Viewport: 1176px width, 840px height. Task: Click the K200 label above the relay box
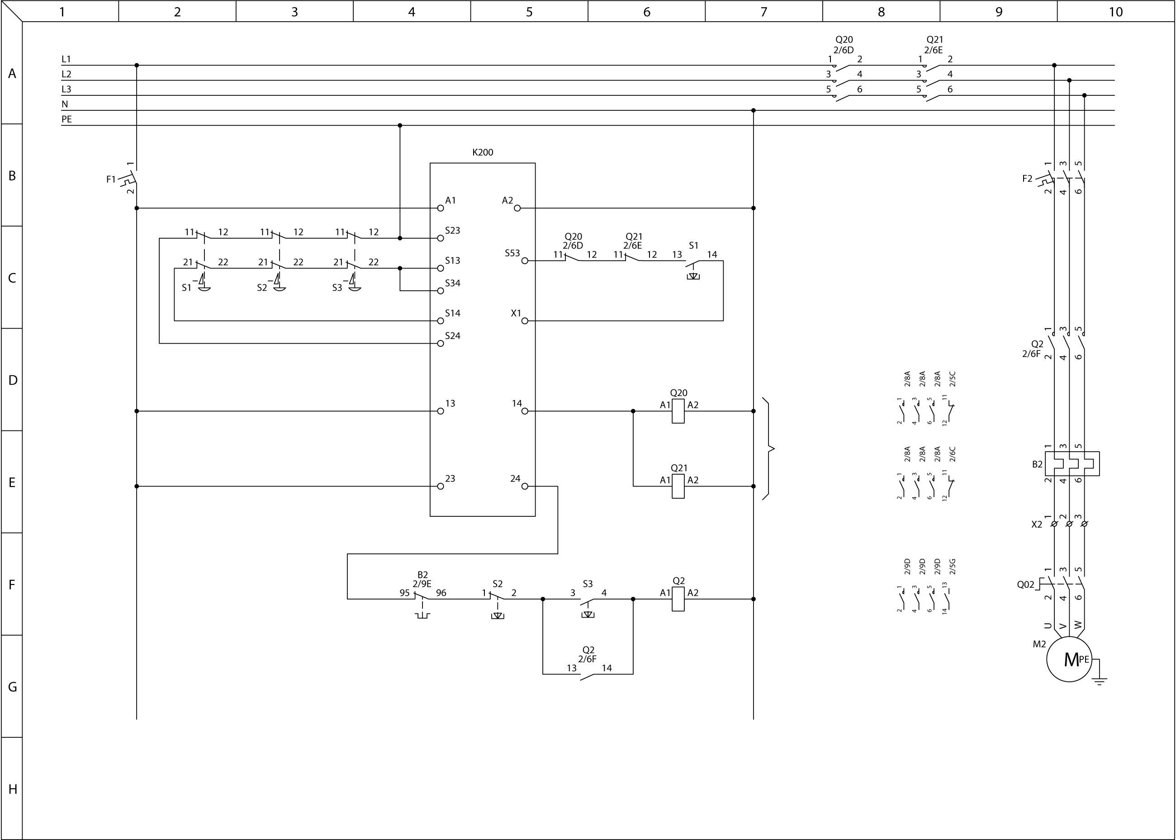(x=482, y=153)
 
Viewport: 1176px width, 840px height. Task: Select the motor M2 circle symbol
(x=1069, y=660)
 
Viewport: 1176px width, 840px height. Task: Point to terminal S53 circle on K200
(x=525, y=261)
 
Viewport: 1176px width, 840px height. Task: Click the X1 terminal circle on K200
(x=525, y=321)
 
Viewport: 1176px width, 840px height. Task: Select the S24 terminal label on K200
(x=453, y=336)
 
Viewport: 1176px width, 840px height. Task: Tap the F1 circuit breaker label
(x=111, y=179)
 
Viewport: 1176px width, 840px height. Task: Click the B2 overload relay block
(x=1072, y=463)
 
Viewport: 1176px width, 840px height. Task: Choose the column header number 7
(x=763, y=12)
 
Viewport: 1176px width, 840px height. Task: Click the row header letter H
(x=12, y=789)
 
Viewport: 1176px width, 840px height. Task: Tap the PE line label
(x=67, y=119)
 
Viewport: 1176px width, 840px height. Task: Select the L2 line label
(x=66, y=74)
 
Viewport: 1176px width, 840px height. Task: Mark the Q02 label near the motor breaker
(x=1025, y=585)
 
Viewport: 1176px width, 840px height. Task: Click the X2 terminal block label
(x=1037, y=524)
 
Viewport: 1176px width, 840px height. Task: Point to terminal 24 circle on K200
(x=525, y=486)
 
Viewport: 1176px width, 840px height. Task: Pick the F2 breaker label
(x=1027, y=179)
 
